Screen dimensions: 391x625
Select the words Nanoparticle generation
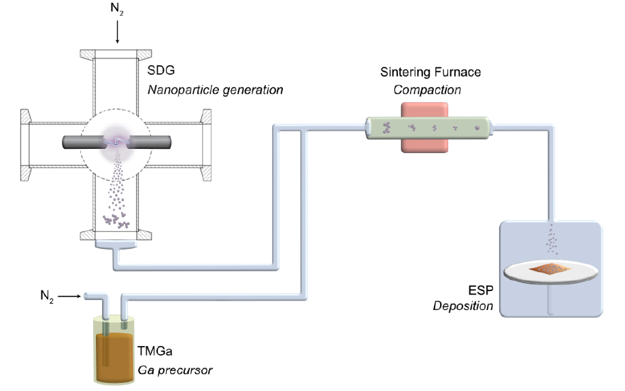coord(214,89)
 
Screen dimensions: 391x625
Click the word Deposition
coord(463,306)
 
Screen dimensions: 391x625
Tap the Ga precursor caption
coord(175,371)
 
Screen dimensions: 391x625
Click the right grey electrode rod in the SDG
coord(149,142)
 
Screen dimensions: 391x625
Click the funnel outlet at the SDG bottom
coord(115,246)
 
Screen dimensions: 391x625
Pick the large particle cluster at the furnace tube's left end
coord(386,127)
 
